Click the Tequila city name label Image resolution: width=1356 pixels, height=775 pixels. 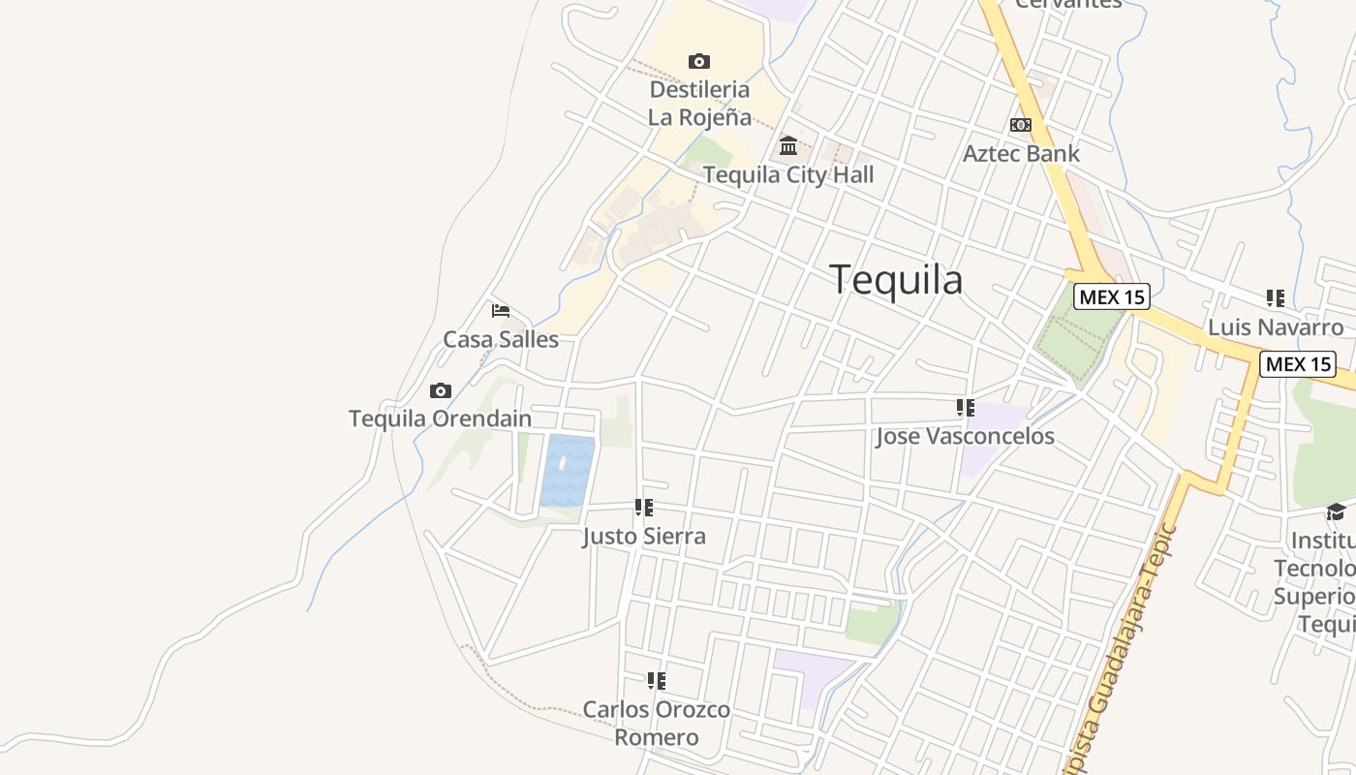click(896, 280)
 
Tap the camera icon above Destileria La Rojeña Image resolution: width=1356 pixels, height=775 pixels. click(698, 61)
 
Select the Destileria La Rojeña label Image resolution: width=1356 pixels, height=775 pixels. click(699, 103)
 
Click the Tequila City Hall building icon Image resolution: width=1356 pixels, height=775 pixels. click(788, 146)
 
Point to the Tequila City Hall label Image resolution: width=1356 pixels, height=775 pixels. click(788, 174)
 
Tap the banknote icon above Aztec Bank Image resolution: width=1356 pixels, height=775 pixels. click(1021, 125)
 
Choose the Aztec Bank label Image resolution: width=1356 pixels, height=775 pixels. click(1021, 153)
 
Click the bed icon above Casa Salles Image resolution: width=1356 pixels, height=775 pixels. click(501, 311)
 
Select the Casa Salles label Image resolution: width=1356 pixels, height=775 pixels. click(501, 339)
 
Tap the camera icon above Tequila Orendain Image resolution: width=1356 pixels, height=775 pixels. click(441, 390)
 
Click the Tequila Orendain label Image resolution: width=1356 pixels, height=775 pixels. click(441, 418)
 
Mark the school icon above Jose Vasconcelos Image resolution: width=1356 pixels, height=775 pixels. click(965, 408)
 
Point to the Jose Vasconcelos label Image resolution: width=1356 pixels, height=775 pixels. click(965, 436)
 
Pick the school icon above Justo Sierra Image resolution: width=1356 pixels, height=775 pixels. click(644, 508)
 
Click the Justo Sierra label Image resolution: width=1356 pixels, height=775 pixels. click(644, 536)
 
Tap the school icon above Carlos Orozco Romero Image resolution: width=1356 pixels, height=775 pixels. click(657, 681)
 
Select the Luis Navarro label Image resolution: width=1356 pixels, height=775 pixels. click(1276, 326)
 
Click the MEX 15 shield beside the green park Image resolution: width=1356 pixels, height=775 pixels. click(1112, 296)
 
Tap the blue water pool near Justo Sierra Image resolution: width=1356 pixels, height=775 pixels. click(568, 471)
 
